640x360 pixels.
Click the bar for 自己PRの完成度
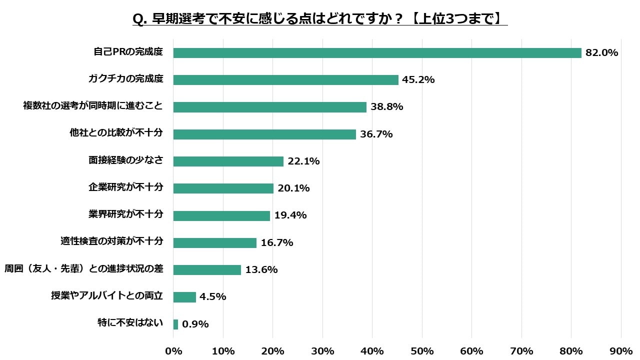coord(377,53)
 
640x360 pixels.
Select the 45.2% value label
coord(418,80)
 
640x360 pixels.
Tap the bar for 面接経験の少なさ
coord(228,161)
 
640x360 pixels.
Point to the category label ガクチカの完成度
coord(125,79)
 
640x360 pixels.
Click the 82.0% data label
coord(602,53)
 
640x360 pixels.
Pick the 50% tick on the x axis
coord(422,351)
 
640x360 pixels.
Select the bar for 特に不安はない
coord(175,324)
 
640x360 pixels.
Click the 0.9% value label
coord(195,324)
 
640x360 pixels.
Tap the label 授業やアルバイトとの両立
coord(107,295)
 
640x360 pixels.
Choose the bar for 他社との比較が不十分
coord(264,134)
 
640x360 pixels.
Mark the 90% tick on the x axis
coord(621,351)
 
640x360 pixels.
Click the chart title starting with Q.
coord(320,19)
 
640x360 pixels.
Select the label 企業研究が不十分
coord(125,187)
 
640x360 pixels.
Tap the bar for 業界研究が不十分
coord(221,215)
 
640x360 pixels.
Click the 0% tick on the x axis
coord(173,351)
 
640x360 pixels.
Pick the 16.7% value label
coord(276,243)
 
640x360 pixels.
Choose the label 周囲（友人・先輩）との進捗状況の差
coord(83,268)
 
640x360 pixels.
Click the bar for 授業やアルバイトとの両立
coord(184,297)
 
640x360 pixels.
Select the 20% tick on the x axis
coord(273,351)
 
